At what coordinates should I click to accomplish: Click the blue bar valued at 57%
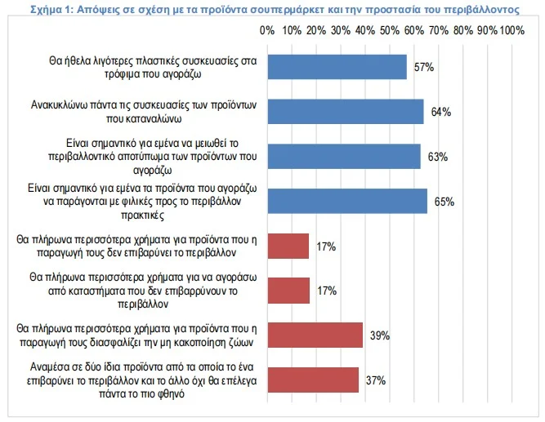point(337,67)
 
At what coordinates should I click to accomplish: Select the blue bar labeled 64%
point(346,112)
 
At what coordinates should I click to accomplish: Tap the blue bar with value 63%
point(344,156)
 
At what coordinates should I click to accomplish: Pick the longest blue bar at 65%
point(346,201)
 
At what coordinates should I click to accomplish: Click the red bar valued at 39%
point(315,335)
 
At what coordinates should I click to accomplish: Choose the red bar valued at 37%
point(312,380)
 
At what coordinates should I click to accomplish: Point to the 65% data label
point(444,201)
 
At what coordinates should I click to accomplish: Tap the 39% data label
point(380,335)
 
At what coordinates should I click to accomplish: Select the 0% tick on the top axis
point(266,30)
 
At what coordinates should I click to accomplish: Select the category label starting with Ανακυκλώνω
point(133,112)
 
